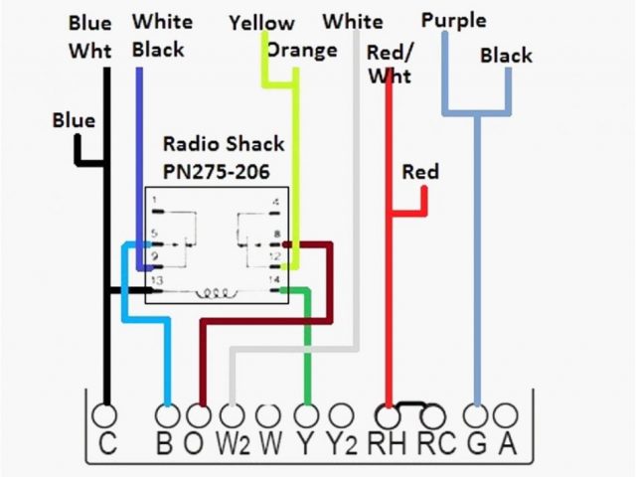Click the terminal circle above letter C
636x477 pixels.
coord(104,414)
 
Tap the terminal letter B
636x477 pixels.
coord(165,443)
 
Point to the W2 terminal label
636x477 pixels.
coord(233,443)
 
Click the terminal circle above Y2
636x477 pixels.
coord(341,414)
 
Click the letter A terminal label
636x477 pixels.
coord(507,443)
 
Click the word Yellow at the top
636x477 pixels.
coord(261,22)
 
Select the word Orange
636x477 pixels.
coord(302,50)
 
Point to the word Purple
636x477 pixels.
coord(453,20)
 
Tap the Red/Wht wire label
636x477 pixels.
coord(390,64)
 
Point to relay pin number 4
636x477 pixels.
coord(275,201)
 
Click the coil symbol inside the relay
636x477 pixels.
coord(218,292)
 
